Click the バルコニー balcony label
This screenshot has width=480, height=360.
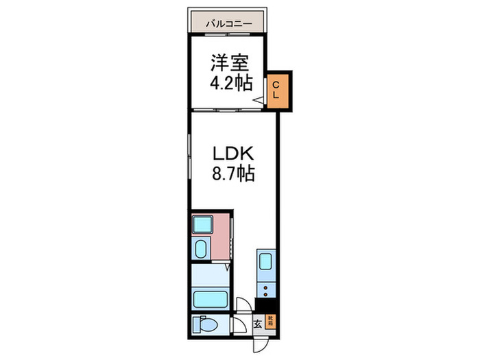point(230,24)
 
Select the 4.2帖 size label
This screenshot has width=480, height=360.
point(230,84)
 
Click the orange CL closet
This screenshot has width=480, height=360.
point(280,91)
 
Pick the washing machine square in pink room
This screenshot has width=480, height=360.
point(202,225)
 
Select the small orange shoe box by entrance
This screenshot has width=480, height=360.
point(271,321)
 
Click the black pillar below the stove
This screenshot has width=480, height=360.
point(265,307)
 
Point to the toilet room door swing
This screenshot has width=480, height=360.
point(235,326)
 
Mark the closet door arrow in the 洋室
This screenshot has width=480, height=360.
point(259,101)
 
